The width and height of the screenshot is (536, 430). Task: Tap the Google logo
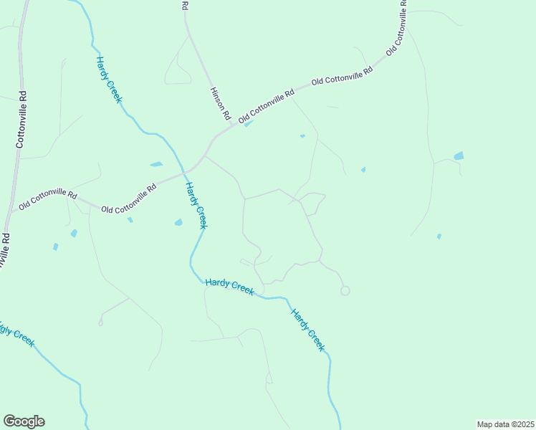point(24,421)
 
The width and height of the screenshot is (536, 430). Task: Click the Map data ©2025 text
point(505,424)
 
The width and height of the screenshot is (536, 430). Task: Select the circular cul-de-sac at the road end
point(345,290)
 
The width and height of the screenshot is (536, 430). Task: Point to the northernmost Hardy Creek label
point(108,80)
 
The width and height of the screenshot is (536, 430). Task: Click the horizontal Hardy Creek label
point(229,286)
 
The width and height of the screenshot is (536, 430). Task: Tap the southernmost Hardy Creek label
point(308,330)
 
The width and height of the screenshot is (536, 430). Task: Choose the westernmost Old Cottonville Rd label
point(47,199)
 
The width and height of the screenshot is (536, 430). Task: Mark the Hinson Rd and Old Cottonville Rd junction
point(231,123)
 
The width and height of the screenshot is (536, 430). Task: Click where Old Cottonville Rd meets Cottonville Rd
point(11,212)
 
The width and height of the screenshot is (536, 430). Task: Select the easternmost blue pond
point(459,156)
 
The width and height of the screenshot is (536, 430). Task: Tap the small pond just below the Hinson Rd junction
point(247,125)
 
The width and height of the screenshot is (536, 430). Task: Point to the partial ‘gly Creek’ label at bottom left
point(16,335)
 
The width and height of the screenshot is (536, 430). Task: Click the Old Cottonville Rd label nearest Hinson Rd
point(267,105)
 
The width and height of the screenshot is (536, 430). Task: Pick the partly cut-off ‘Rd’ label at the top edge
point(185,5)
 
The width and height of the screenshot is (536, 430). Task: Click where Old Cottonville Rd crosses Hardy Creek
point(182,173)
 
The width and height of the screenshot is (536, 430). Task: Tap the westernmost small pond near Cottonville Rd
point(55,247)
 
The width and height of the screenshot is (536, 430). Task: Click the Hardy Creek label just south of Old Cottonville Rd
point(196,206)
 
